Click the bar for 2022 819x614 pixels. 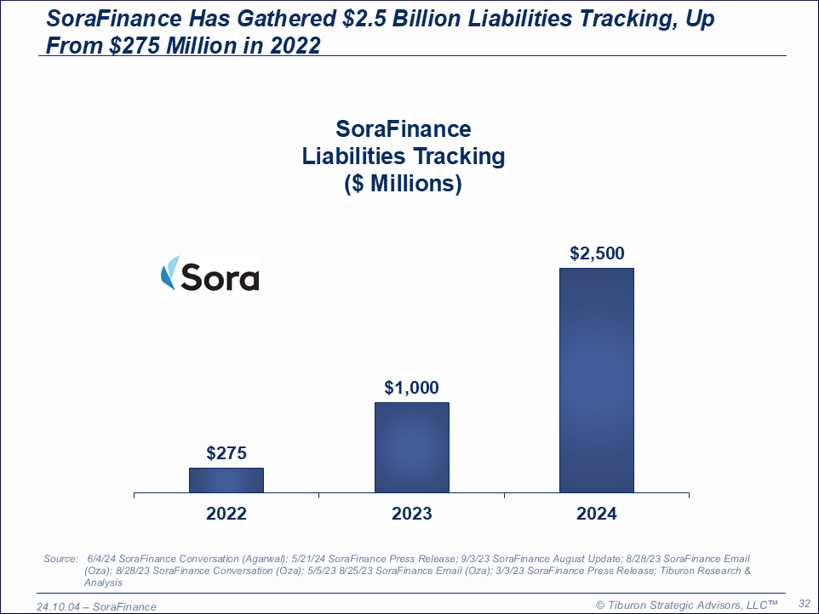coord(226,480)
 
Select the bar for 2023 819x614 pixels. coord(412,447)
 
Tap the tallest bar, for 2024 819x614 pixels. coord(596,380)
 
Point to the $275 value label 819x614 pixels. coord(226,453)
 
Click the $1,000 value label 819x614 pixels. coord(411,388)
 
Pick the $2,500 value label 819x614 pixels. coord(596,253)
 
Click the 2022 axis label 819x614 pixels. coord(226,514)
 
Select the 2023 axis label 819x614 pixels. coord(412,514)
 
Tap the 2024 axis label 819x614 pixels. coord(596,514)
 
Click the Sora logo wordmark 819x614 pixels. coord(220,277)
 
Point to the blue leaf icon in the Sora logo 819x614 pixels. coord(169,273)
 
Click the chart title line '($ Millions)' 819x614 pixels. coord(404,184)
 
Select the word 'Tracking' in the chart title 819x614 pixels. coord(459,156)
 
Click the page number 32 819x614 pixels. coord(803,603)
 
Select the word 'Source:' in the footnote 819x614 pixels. coord(60,559)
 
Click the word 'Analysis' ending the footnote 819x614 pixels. coord(103,583)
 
